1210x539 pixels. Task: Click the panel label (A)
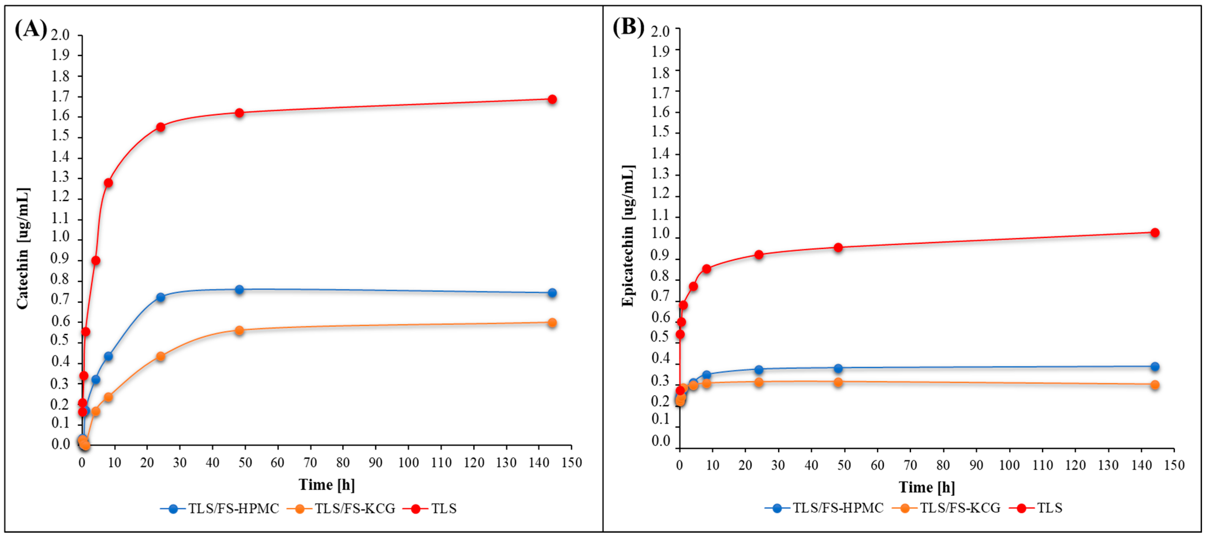coord(31,29)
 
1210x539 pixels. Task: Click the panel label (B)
coord(628,27)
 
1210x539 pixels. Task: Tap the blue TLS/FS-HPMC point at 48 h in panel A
coord(239,289)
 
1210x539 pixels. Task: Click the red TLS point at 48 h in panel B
coord(838,248)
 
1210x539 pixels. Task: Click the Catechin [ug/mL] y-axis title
coord(23,248)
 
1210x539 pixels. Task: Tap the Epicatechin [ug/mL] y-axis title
coord(628,236)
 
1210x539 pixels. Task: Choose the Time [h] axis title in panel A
coord(326,484)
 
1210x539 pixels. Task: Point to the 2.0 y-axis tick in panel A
coord(60,35)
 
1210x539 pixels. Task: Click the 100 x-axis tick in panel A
coord(408,463)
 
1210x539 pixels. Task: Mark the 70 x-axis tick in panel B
coord(910,465)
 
